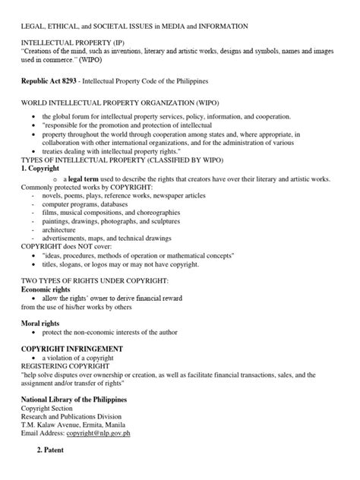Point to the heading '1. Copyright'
[42, 169]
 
